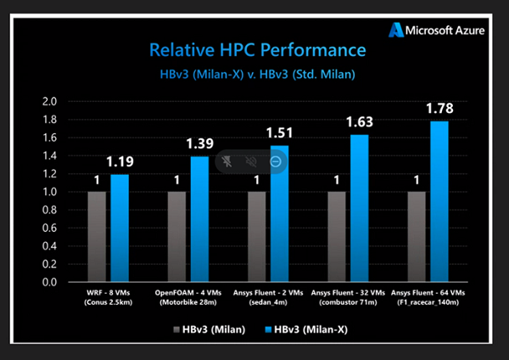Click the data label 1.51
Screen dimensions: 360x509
pos(280,132)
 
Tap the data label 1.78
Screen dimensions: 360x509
pos(439,108)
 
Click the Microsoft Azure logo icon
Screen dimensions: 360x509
pos(397,31)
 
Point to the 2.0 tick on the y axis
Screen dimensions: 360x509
pos(49,102)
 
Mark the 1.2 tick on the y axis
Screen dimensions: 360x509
pos(49,174)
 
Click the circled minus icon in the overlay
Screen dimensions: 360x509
pos(276,161)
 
